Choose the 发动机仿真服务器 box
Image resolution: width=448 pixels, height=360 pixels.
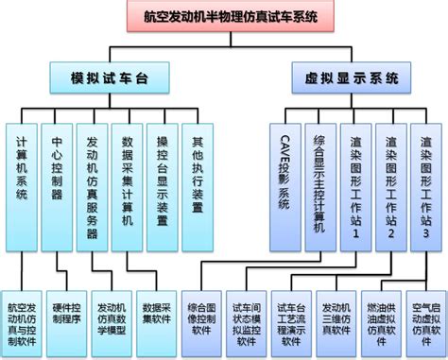coord(92,180)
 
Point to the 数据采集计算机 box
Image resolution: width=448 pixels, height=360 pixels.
coord(127,180)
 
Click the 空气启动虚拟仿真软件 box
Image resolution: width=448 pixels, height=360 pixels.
coord(424,319)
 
